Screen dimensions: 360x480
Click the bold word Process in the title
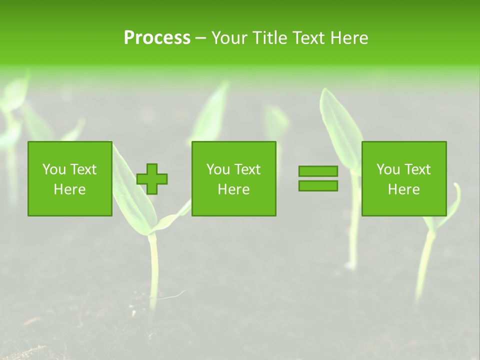pyautogui.click(x=157, y=38)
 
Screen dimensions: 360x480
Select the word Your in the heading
pyautogui.click(x=231, y=38)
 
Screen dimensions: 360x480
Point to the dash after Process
pyautogui.click(x=200, y=38)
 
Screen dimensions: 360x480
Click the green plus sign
pyautogui.click(x=152, y=178)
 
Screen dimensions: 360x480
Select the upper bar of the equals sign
pyautogui.click(x=318, y=171)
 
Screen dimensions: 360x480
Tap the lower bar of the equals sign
pyautogui.click(x=318, y=185)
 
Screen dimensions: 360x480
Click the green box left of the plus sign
pyautogui.click(x=69, y=178)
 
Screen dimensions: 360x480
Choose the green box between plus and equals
pyautogui.click(x=233, y=178)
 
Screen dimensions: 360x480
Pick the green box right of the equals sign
pyautogui.click(x=403, y=178)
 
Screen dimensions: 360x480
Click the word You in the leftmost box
pyautogui.click(x=54, y=169)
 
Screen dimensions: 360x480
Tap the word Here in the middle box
pyautogui.click(x=233, y=189)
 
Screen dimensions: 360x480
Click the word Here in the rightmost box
pyautogui.click(x=403, y=189)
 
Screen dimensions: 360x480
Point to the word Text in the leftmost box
pyautogui.click(x=83, y=169)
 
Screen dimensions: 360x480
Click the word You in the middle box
pyautogui.click(x=218, y=169)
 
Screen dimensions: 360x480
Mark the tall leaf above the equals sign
pyautogui.click(x=340, y=125)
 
